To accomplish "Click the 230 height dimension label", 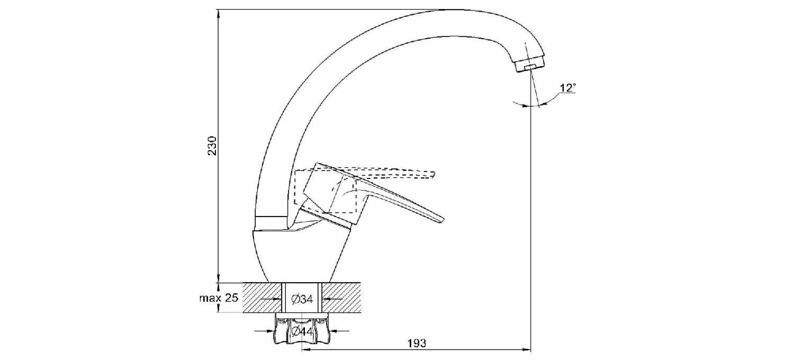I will point(212,146).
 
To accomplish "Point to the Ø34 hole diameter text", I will point(302,299).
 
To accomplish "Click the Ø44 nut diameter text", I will point(302,331).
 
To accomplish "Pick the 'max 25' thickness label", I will point(219,298).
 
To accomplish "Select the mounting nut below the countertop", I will point(302,331).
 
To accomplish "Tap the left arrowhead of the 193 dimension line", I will point(306,350).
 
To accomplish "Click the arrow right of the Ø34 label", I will point(327,299).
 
